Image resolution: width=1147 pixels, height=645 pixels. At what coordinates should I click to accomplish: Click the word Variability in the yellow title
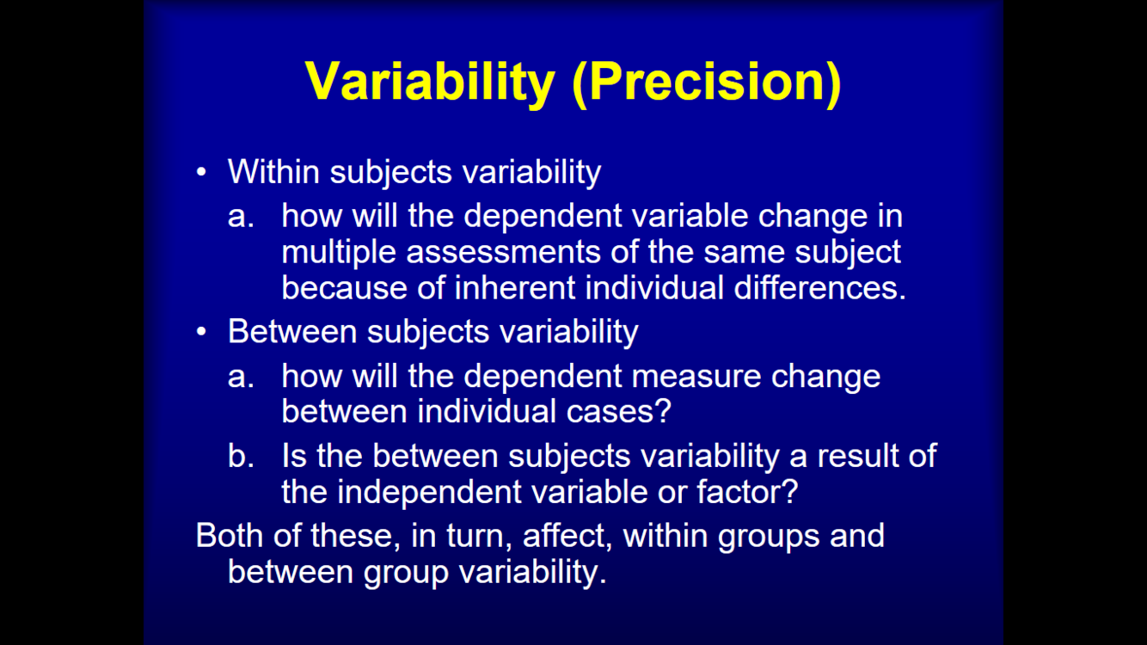tap(430, 82)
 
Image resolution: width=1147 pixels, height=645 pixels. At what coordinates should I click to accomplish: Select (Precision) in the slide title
tap(707, 82)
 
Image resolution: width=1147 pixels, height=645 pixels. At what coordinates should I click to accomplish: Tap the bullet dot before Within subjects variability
tap(201, 172)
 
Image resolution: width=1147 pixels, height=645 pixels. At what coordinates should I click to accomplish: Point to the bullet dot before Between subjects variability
tap(201, 331)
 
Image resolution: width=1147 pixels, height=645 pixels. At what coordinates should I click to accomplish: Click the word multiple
tap(339, 253)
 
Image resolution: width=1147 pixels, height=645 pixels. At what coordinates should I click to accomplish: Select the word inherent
tap(515, 287)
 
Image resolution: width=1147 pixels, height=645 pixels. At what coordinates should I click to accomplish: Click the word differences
tap(819, 287)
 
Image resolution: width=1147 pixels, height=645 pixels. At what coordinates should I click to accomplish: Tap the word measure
tap(696, 377)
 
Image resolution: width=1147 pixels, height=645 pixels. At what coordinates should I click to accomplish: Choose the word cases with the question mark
tap(618, 412)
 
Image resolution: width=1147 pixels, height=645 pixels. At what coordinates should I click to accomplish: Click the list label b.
tap(241, 456)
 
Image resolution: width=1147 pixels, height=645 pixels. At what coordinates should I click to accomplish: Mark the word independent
tap(429, 493)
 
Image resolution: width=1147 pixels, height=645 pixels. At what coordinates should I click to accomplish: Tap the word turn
tap(479, 537)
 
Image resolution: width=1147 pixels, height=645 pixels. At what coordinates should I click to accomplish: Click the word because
tap(344, 287)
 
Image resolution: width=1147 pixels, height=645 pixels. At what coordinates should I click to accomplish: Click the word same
tap(744, 253)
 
